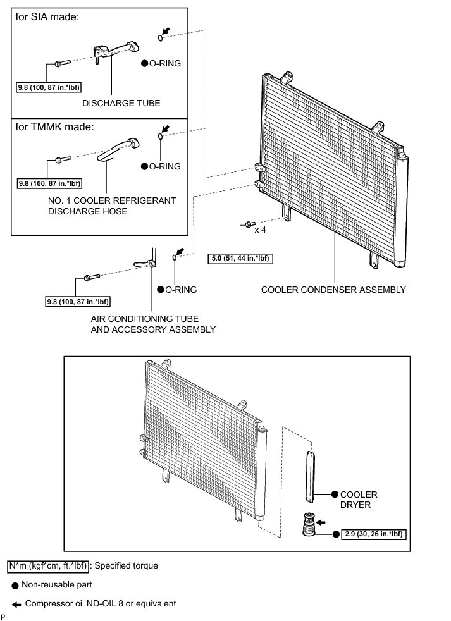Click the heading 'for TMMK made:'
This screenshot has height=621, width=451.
tap(54, 126)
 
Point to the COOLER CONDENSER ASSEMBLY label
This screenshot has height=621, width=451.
tap(333, 290)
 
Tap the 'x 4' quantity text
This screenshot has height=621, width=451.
tap(261, 230)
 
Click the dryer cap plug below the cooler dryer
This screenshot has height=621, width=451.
tap(310, 525)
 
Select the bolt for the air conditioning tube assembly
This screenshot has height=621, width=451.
tap(89, 278)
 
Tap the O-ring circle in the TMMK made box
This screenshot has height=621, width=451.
tap(160, 137)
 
